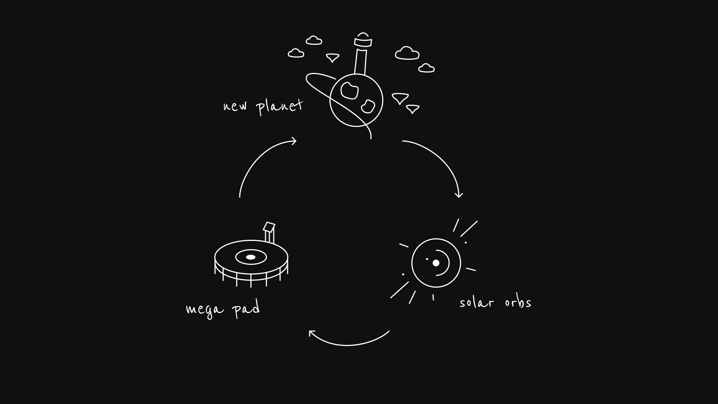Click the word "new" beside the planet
click(x=235, y=106)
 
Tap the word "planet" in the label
click(x=280, y=107)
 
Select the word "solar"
click(x=476, y=302)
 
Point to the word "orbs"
click(x=518, y=302)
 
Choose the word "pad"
click(x=246, y=309)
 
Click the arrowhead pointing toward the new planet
click(x=294, y=141)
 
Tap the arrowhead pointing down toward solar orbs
click(x=459, y=195)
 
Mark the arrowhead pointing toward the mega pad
click(x=312, y=333)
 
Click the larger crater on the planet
click(x=350, y=91)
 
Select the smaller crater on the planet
click(x=368, y=106)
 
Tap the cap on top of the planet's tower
click(x=363, y=40)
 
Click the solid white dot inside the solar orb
click(x=436, y=263)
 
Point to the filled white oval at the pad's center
click(x=251, y=257)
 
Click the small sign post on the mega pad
click(x=269, y=233)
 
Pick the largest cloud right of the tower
click(x=407, y=53)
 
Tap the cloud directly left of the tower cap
click(x=314, y=40)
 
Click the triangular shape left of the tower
click(x=332, y=58)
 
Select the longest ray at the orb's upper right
click(x=469, y=229)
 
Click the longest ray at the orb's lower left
click(x=399, y=290)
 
